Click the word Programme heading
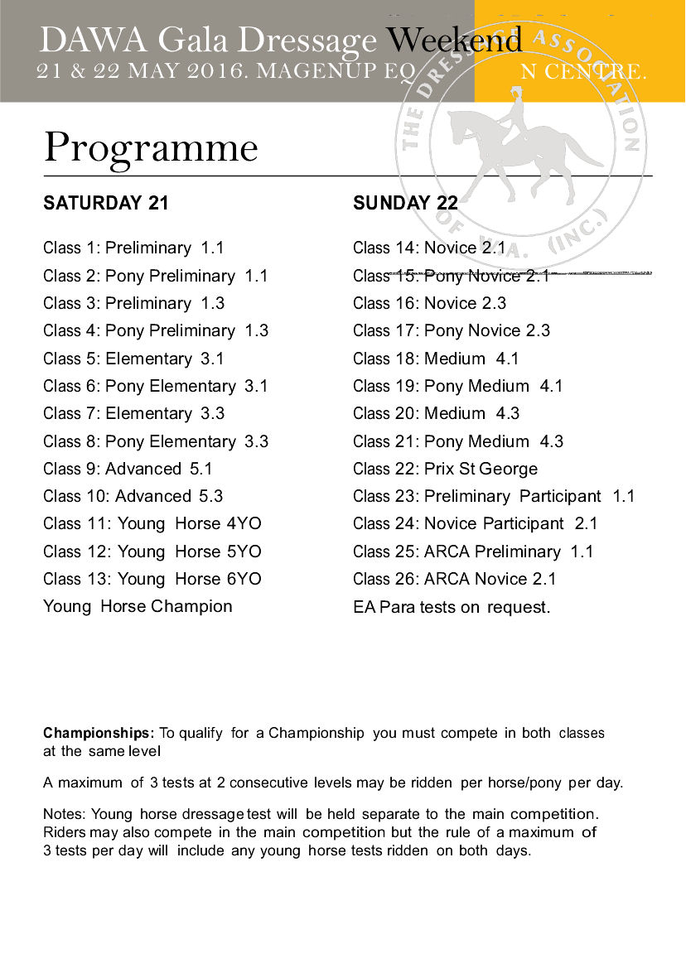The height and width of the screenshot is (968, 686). coord(151,149)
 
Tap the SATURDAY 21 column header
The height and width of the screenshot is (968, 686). coord(106,204)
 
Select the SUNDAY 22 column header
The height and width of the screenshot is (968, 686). coord(405,204)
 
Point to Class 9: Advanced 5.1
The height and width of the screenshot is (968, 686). coord(128,469)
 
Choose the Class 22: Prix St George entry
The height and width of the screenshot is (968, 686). coord(445,469)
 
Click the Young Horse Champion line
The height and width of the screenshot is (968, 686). coord(138,606)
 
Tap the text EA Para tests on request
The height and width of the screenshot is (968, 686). coord(452,607)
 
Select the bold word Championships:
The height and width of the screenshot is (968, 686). coord(99,733)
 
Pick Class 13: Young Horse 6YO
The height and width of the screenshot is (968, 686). coord(152,579)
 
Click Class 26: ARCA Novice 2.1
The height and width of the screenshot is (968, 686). coord(455,579)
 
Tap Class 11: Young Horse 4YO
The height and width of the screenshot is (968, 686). coord(152,523)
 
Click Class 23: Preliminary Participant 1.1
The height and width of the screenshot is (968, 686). coord(494,496)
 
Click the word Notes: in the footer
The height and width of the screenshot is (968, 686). coord(65,815)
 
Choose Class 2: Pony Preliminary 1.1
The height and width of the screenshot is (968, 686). coord(156,276)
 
